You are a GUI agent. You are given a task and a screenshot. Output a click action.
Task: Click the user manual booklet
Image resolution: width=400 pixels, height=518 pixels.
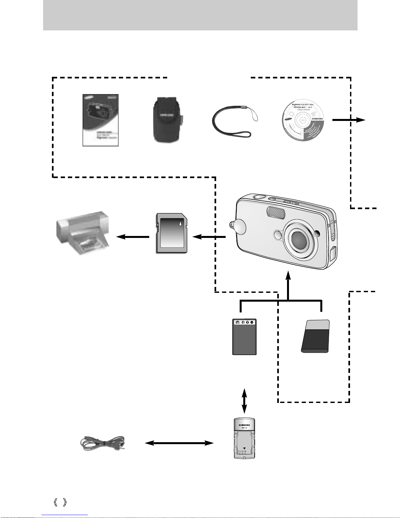click(x=100, y=120)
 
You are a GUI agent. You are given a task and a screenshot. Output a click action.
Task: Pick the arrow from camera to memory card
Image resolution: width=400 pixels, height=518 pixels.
click(x=209, y=237)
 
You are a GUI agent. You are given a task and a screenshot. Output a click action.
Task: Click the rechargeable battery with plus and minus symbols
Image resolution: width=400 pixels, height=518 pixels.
click(x=244, y=337)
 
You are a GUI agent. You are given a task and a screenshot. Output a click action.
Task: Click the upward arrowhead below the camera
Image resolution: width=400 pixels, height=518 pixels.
click(x=288, y=275)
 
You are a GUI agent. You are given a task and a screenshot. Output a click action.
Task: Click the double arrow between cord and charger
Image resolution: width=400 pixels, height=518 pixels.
click(x=179, y=443)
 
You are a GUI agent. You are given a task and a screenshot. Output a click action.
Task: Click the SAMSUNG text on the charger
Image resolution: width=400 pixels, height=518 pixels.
click(x=245, y=425)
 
